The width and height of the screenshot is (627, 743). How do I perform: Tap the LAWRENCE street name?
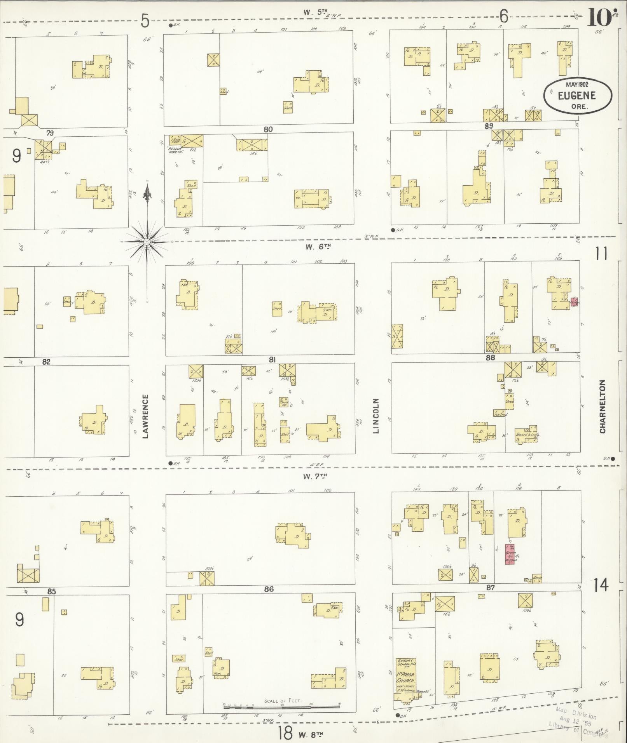click(145, 416)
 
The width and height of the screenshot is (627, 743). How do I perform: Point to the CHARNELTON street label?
click(603, 407)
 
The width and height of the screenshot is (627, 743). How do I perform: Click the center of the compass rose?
click(147, 242)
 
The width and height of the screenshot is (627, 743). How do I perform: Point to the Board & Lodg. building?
click(526, 434)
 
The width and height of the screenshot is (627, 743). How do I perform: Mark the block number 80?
click(268, 129)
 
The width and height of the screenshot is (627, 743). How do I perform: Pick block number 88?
click(491, 358)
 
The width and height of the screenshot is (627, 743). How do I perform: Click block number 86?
click(269, 589)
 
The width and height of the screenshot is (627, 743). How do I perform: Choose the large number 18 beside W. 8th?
click(285, 733)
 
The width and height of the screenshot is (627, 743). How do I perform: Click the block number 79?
click(49, 133)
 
